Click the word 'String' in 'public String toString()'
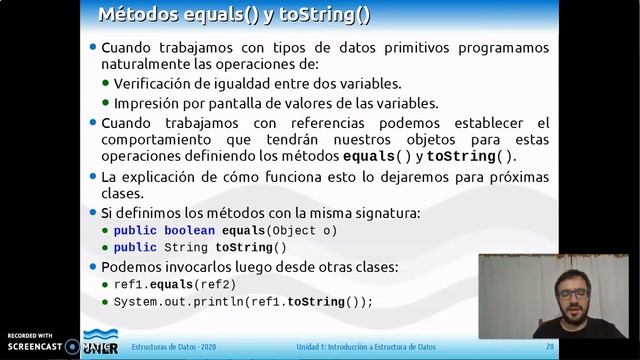(x=186, y=248)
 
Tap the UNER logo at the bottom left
(x=99, y=344)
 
